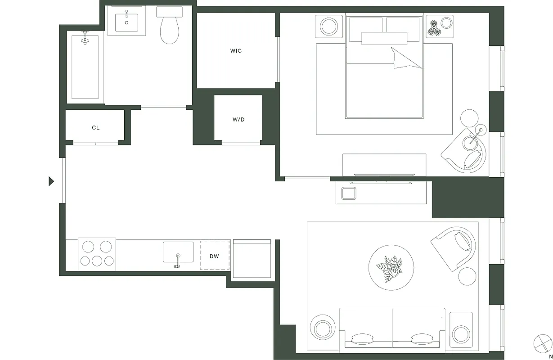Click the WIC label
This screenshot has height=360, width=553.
[x=236, y=51]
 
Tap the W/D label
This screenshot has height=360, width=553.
[x=238, y=120]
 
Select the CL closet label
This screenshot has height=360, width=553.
[x=96, y=128]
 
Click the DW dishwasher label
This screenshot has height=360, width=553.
[x=215, y=256]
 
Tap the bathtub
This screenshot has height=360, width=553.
[x=85, y=65]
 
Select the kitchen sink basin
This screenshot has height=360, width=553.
[x=178, y=252]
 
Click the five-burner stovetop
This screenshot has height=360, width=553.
[x=97, y=254]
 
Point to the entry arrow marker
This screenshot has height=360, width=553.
[x=51, y=181]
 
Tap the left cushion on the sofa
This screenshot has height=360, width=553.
[x=362, y=338]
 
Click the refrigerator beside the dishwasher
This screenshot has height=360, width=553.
[x=252, y=259]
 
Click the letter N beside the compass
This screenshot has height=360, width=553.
[x=550, y=356]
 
